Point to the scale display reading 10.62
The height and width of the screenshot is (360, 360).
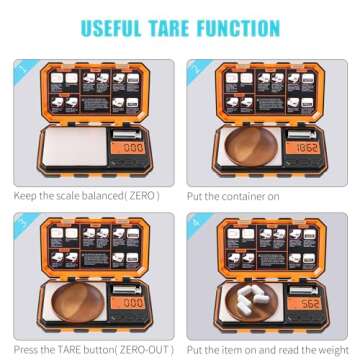pos(306,148)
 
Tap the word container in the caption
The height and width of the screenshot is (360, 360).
pos(243,196)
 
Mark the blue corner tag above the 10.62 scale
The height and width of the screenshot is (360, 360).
pos(196,70)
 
